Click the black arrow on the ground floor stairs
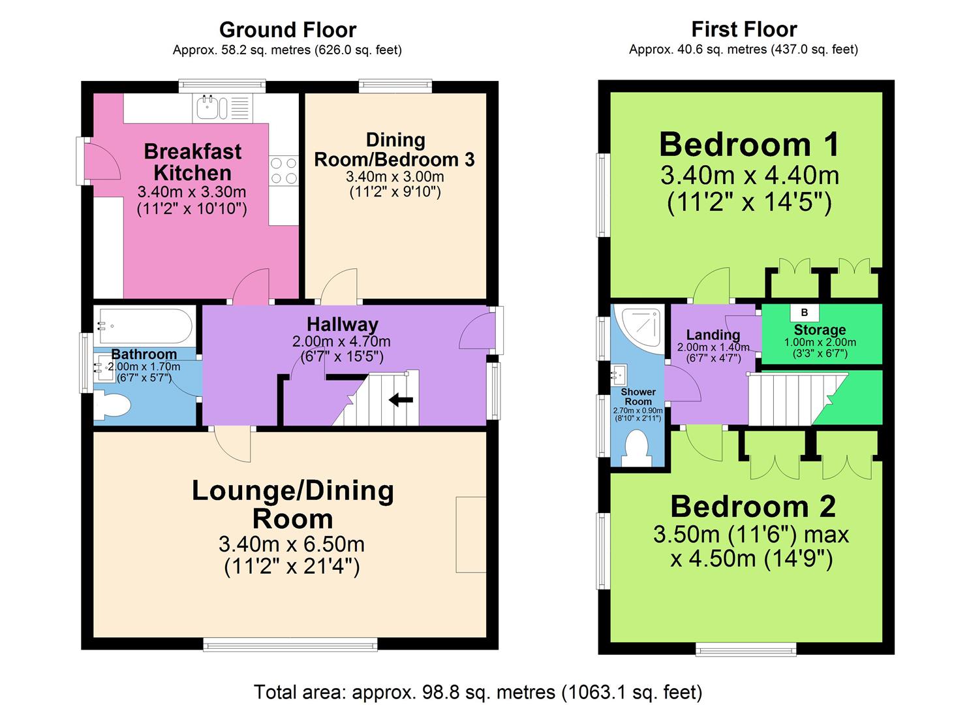point(401,400)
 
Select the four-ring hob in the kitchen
point(284,170)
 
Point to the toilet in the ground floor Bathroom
point(112,405)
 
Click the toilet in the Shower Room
point(636,448)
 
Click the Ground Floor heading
point(288,30)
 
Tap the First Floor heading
point(744,29)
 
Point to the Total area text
point(478,692)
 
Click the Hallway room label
point(343,324)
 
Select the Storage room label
point(820,330)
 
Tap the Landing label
point(713,335)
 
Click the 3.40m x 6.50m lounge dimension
point(292,544)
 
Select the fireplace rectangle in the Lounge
point(471,535)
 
